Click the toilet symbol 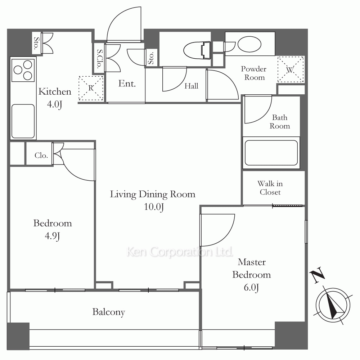(197, 50)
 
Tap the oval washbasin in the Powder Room (249, 44)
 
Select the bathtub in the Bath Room (271, 153)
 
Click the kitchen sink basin (23, 121)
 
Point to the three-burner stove (23, 70)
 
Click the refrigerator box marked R (91, 88)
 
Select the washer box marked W (291, 69)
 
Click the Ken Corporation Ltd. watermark (180, 252)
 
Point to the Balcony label (109, 312)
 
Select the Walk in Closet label (270, 188)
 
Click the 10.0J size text (154, 207)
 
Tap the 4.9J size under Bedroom (52, 236)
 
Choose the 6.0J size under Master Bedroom (251, 287)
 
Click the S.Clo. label (99, 59)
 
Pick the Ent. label (127, 84)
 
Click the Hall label (191, 86)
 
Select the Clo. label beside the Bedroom (41, 156)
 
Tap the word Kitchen (55, 91)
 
